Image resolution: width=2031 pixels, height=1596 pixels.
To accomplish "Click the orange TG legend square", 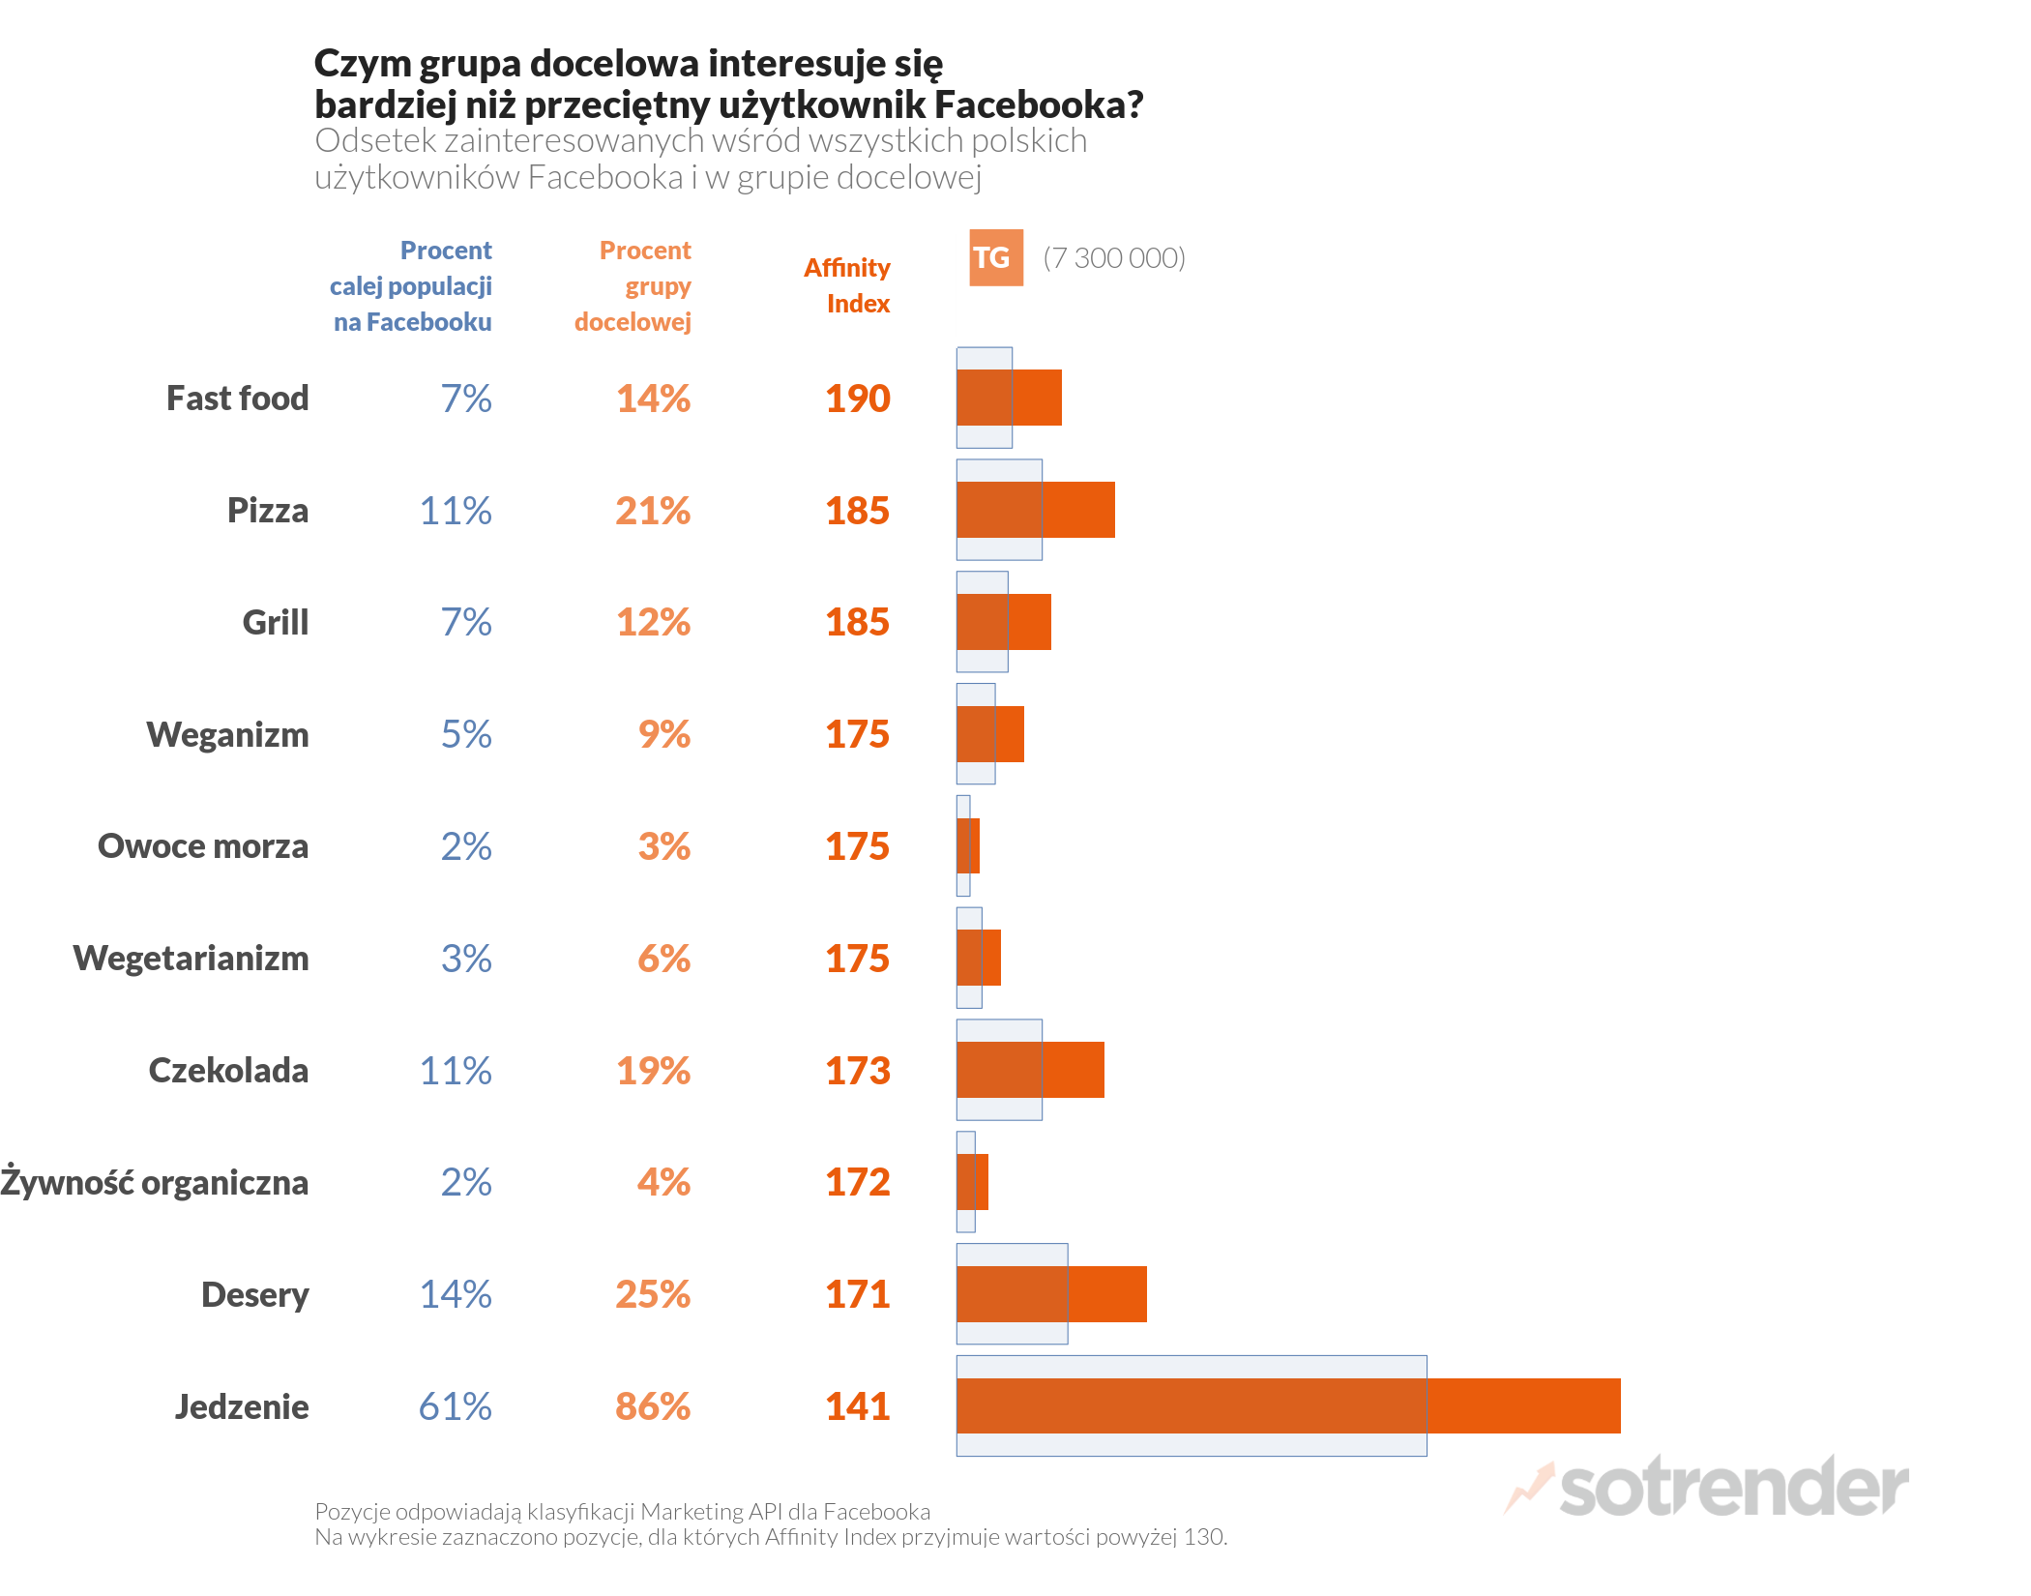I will pyautogui.click(x=995, y=257).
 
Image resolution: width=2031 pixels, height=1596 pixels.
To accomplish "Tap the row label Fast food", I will pyautogui.click(x=237, y=398).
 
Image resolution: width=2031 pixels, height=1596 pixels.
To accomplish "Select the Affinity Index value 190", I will pyautogui.click(x=857, y=399).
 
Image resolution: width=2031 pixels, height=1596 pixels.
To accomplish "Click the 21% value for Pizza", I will pyautogui.click(x=653, y=511).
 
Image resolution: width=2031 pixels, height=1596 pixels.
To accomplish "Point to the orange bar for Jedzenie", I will pyautogui.click(x=1287, y=1405).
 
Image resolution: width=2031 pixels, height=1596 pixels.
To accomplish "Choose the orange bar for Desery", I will pyautogui.click(x=1051, y=1294).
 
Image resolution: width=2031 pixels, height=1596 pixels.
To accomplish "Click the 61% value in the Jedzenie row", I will pyautogui.click(x=455, y=1406).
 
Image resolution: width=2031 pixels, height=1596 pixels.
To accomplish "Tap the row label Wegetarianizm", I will pyautogui.click(x=191, y=959).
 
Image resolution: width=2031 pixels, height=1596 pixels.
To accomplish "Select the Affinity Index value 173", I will pyautogui.click(x=857, y=1071).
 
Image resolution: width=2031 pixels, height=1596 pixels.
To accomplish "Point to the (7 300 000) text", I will pyautogui.click(x=1113, y=258).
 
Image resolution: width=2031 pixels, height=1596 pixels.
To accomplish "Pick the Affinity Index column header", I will pyautogui.click(x=847, y=285).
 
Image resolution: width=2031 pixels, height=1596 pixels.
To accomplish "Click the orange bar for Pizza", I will pyautogui.click(x=1035, y=510).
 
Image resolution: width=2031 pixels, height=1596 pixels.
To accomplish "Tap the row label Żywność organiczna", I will pyautogui.click(x=155, y=1183).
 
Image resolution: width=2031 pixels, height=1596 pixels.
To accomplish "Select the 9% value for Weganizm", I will pyautogui.click(x=663, y=734).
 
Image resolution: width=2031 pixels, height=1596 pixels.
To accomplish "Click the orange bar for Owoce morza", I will pyautogui.click(x=968, y=845).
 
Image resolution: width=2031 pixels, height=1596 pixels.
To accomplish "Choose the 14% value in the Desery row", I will pyautogui.click(x=455, y=1294).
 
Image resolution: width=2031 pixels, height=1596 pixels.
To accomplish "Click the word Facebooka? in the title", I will pyautogui.click(x=1039, y=104).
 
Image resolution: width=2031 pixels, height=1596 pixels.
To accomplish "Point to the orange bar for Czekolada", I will pyautogui.click(x=1030, y=1070).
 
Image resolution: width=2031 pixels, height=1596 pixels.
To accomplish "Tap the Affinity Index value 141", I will pyautogui.click(x=857, y=1406).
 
